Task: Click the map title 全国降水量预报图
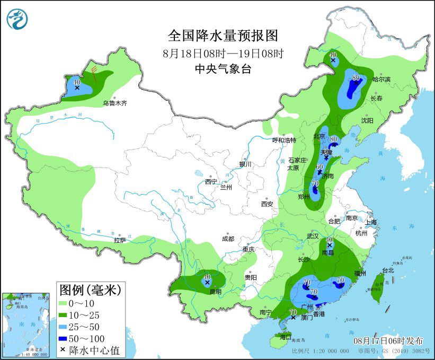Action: pos(223,36)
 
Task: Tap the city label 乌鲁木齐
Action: pos(115,103)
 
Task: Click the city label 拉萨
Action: pos(120,240)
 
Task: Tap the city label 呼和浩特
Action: pos(284,140)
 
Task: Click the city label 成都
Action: pos(228,239)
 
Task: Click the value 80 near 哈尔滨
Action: pos(356,78)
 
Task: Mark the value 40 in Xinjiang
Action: pos(77,82)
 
